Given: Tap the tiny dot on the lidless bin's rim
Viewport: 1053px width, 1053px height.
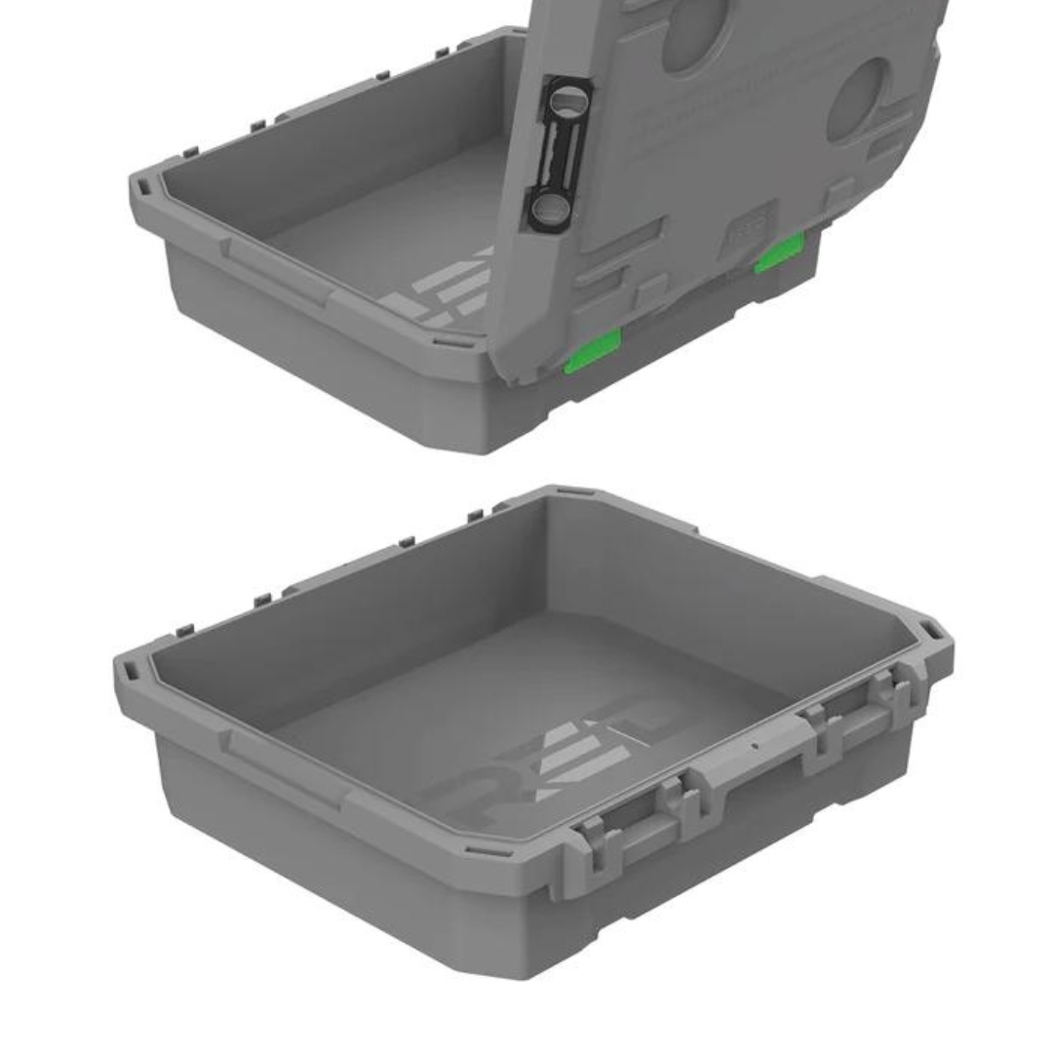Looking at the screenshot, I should (754, 746).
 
